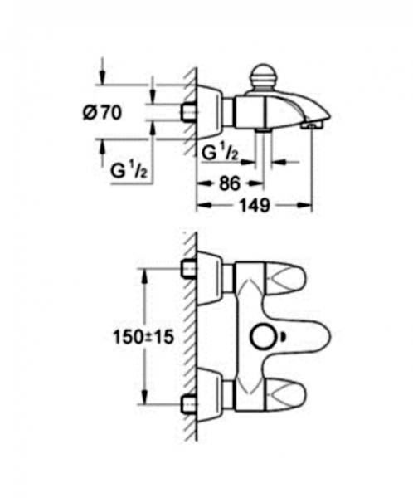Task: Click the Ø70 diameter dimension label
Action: [x=102, y=112]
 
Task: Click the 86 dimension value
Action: [x=229, y=183]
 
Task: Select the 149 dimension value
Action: [x=255, y=206]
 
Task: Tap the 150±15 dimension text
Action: [x=143, y=337]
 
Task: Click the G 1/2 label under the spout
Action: [x=220, y=152]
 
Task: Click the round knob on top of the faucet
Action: [x=263, y=77]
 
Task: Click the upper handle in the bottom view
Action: [x=285, y=276]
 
